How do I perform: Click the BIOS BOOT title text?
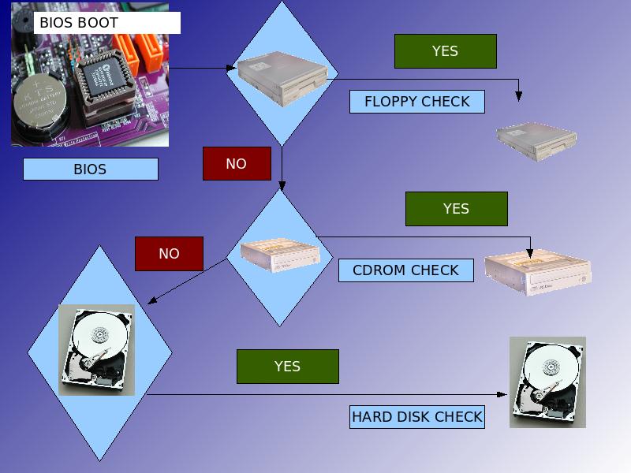pos(79,23)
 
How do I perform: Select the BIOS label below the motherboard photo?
pos(90,169)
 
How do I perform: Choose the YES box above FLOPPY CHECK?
pos(445,51)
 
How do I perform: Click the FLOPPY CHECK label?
pos(416,102)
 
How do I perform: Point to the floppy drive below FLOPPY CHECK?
pos(536,140)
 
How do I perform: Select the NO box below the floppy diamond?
pos(236,164)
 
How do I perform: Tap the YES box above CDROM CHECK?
pos(456,209)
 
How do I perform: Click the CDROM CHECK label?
pos(405,270)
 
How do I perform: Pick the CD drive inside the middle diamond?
pos(280,255)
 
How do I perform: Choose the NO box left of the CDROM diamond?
pos(169,254)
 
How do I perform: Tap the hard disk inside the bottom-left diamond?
pos(97,350)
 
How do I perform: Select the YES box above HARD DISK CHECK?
pos(287,367)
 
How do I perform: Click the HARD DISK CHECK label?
pos(416,417)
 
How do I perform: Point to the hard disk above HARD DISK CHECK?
pos(547,382)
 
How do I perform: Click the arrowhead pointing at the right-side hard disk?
pos(502,394)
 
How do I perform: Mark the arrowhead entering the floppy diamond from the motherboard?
pos(232,69)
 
